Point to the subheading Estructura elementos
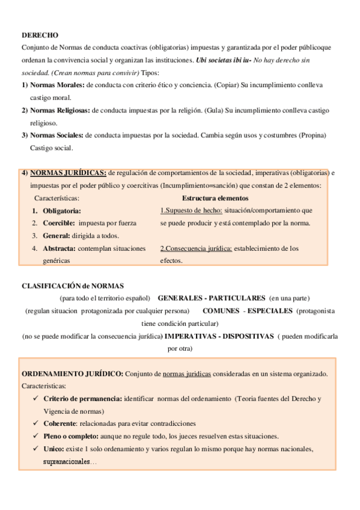point(215,198)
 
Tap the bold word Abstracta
point(59,248)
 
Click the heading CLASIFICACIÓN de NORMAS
point(72,286)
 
